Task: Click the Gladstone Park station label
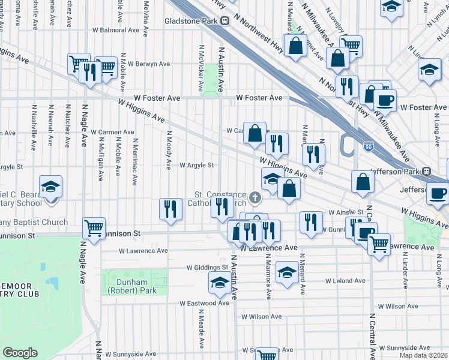(191, 20)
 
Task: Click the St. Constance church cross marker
(256, 197)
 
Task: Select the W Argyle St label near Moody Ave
(197, 165)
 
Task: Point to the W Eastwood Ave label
(204, 303)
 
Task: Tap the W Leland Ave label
(345, 280)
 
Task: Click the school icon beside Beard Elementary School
(50, 186)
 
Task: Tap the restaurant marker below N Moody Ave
(170, 209)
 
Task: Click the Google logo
(20, 353)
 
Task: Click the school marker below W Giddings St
(220, 283)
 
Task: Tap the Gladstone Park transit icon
(225, 20)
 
